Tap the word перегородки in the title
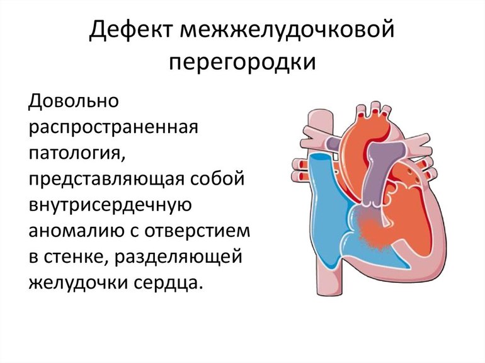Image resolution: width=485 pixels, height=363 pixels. [x=243, y=63]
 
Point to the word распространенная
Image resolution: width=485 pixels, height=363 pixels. [x=113, y=127]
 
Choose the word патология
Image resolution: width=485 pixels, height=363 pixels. [x=73, y=153]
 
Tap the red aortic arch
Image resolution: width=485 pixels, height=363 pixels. [x=372, y=126]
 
